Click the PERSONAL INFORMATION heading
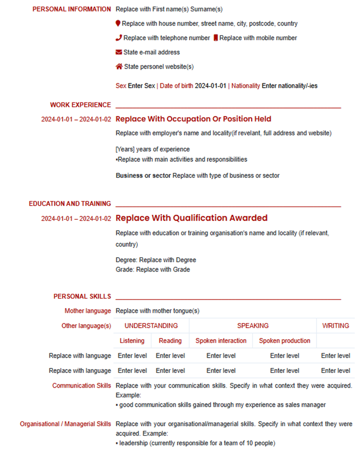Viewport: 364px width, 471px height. [71, 9]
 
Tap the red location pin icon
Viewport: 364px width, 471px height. [118, 23]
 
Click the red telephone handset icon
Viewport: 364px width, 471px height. [119, 38]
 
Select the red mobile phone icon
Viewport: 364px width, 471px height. [216, 38]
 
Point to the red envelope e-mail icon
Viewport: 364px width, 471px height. [119, 52]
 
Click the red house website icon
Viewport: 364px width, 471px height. [119, 67]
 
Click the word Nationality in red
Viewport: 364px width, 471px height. [246, 86]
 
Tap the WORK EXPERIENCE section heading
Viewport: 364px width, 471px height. [80, 105]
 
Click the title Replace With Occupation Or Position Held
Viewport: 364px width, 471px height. [193, 119]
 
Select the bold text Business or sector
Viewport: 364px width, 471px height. [143, 176]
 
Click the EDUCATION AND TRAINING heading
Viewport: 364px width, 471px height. [70, 204]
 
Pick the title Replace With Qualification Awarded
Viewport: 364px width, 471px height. [192, 218]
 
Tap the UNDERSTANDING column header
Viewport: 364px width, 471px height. [151, 326]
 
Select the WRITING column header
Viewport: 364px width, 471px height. [335, 326]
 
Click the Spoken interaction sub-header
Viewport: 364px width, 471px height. [221, 341]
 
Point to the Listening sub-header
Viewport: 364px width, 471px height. [132, 341]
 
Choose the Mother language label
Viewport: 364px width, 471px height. [88, 311]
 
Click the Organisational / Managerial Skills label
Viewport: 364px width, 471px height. [65, 424]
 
